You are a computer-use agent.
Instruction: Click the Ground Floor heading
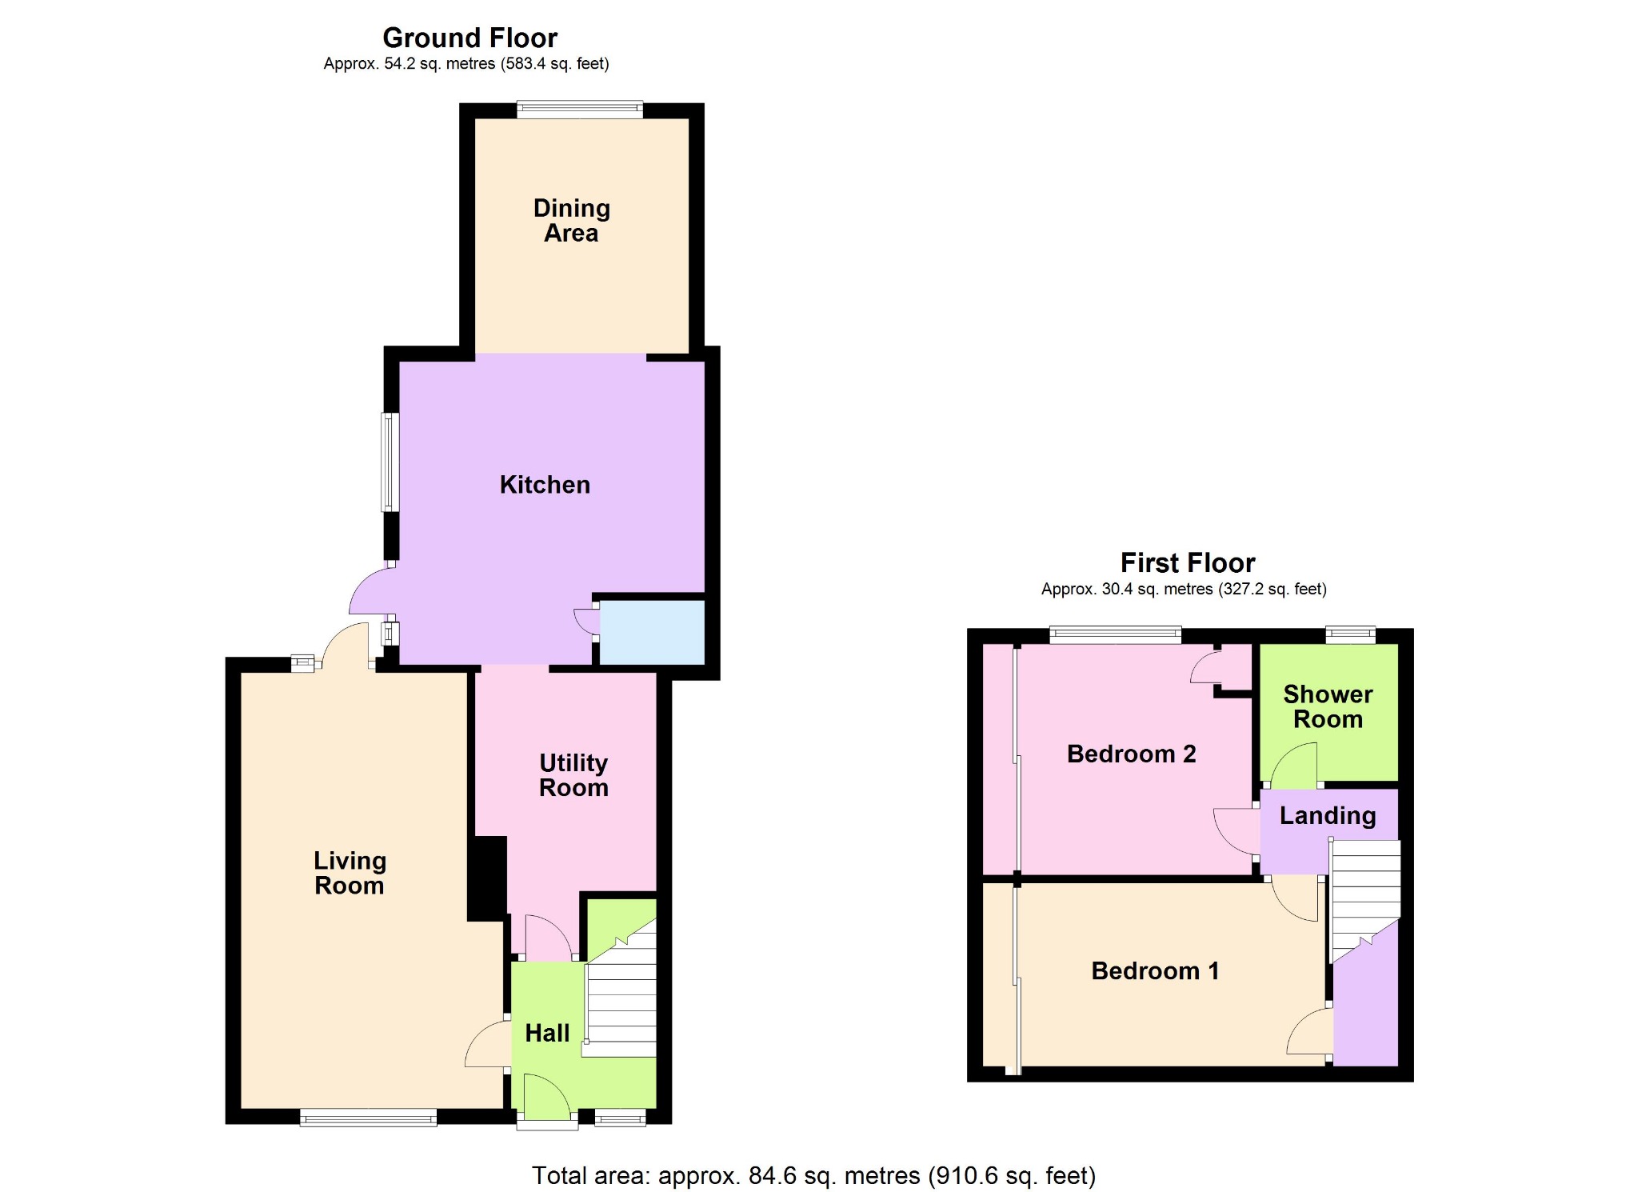click(469, 38)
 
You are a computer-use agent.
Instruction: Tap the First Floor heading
click(1187, 563)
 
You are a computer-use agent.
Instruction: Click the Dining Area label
click(571, 220)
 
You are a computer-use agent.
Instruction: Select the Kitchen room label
click(545, 485)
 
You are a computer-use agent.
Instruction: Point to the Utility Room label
click(573, 775)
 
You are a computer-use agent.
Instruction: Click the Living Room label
click(350, 873)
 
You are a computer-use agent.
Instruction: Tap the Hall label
click(547, 1033)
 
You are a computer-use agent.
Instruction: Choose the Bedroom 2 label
click(1131, 754)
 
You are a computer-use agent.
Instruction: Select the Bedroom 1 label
click(1155, 970)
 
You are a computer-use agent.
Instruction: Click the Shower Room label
click(1328, 706)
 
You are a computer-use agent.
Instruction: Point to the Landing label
click(1328, 815)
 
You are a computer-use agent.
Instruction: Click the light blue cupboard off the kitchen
click(652, 632)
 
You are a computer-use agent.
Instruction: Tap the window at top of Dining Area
click(580, 110)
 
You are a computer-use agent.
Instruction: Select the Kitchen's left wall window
click(390, 462)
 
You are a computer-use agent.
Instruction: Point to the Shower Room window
click(1350, 635)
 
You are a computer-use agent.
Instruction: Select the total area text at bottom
click(813, 1175)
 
